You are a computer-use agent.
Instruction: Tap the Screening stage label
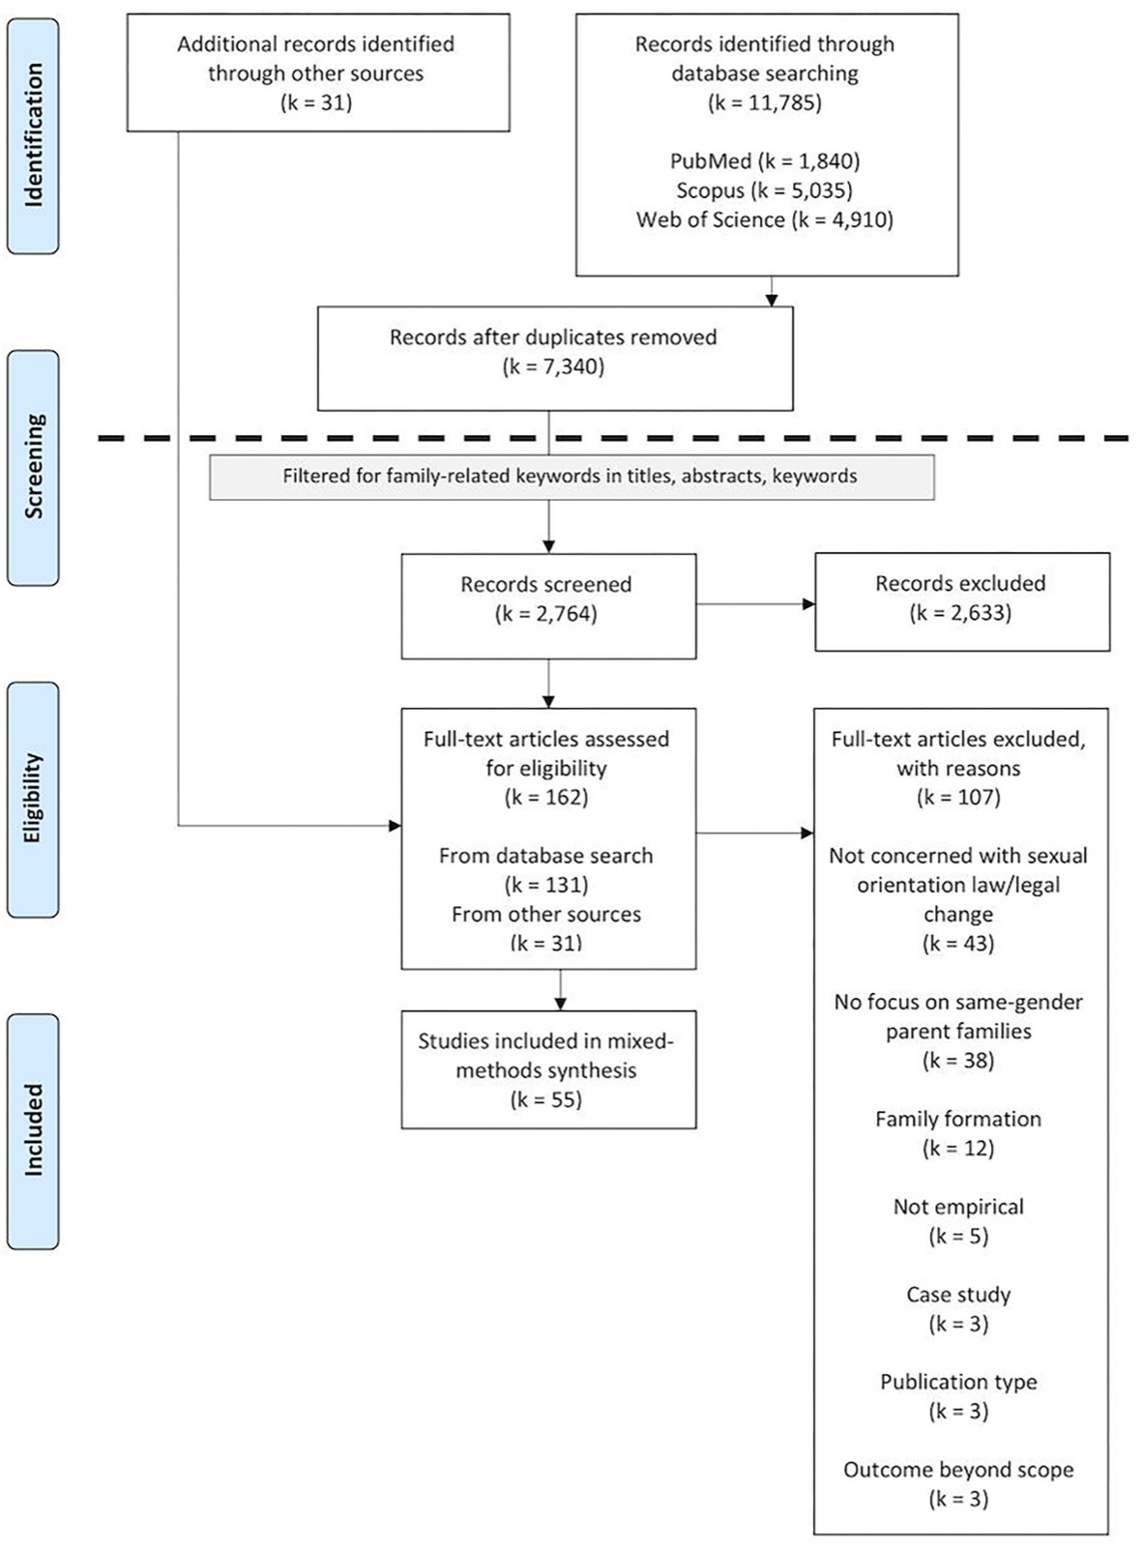click(x=33, y=467)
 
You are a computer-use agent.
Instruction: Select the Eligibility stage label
click(x=33, y=799)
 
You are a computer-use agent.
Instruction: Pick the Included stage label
click(x=33, y=1130)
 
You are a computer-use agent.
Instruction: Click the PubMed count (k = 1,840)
click(x=765, y=161)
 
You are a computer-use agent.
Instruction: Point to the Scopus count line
click(x=765, y=190)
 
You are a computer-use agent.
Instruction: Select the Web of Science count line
click(x=765, y=219)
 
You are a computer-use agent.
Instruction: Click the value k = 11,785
click(x=765, y=102)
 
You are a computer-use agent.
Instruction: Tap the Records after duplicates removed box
click(x=555, y=359)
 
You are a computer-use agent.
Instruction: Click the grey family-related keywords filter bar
click(x=571, y=477)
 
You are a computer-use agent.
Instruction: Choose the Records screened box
click(x=548, y=606)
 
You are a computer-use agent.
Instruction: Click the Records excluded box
click(x=962, y=602)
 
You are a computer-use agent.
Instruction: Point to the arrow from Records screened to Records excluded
click(x=756, y=604)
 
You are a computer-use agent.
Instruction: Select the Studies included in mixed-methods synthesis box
click(x=548, y=1070)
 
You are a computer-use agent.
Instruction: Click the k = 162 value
click(x=546, y=798)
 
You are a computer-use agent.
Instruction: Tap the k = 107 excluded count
click(x=958, y=798)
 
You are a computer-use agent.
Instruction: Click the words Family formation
click(x=958, y=1119)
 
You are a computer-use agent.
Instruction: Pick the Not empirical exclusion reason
click(x=958, y=1207)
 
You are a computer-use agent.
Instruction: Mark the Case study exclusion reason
click(x=958, y=1295)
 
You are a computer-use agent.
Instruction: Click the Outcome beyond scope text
click(x=958, y=1470)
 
